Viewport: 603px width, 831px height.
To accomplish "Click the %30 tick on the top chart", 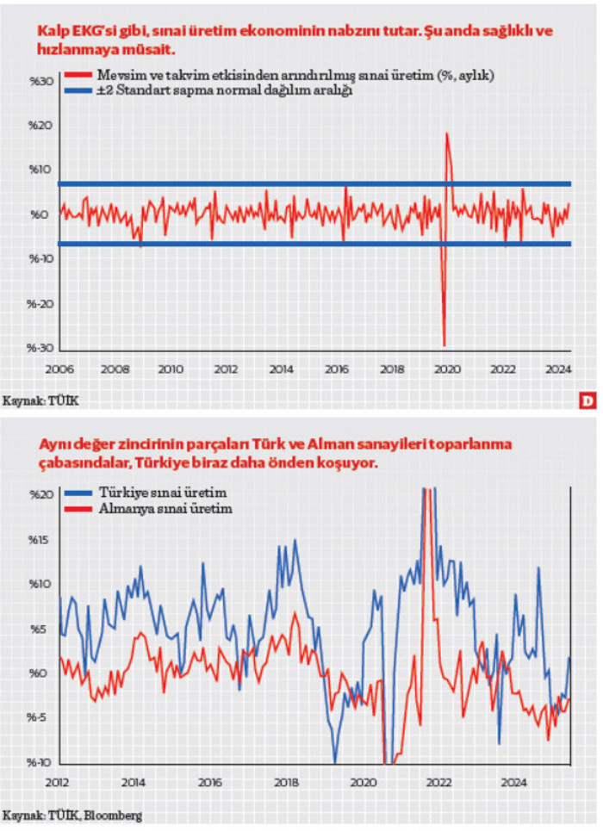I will pos(41,81).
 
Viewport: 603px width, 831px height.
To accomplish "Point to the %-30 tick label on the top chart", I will pos(40,348).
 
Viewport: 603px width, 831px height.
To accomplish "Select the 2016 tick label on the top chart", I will pos(336,369).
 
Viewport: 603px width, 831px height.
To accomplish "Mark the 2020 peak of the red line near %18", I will pos(446,133).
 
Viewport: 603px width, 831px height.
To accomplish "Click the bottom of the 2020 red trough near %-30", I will pos(444,345).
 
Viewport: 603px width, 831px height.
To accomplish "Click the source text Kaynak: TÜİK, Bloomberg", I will pos(72,814).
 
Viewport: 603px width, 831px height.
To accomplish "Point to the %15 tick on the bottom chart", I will pos(41,541).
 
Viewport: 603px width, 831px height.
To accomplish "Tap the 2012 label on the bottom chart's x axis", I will pos(57,783).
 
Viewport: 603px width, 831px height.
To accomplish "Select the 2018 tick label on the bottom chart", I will pos(286,783).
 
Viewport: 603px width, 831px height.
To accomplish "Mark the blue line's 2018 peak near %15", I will pos(295,541).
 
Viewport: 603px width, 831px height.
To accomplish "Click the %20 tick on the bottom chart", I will pos(41,496).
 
